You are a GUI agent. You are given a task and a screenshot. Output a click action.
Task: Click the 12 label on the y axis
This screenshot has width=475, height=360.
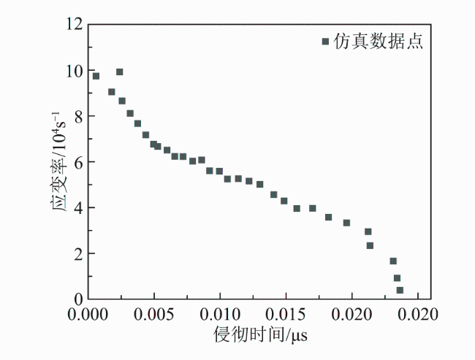coord(75,24)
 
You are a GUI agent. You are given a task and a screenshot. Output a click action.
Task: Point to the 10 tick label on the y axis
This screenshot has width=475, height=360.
coord(75,71)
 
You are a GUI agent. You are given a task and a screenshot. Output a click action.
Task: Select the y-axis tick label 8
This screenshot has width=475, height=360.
coord(78,117)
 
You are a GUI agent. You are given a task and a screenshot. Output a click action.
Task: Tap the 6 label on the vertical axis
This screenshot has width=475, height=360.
coord(78,163)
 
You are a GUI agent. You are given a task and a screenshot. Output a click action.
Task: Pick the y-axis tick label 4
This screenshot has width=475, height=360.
coord(78,208)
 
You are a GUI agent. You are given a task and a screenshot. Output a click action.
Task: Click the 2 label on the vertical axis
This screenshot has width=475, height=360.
coord(78,254)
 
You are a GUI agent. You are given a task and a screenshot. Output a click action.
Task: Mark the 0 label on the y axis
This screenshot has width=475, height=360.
coord(78,299)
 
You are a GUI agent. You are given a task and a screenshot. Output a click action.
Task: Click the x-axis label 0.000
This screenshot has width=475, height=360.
coord(88,315)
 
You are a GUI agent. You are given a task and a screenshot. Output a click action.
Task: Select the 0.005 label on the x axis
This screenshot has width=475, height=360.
coord(154,315)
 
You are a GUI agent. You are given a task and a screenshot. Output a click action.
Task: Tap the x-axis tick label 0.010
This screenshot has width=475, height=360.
coord(220,315)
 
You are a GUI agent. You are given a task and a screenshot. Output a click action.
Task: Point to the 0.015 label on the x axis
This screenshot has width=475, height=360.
coord(286,315)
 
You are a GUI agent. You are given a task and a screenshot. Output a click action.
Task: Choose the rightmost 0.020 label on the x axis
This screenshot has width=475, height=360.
coord(418,315)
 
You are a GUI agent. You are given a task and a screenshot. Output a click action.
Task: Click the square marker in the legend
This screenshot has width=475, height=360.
coord(325,41)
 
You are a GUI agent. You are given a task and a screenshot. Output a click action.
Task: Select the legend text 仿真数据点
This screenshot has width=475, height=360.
coord(378,41)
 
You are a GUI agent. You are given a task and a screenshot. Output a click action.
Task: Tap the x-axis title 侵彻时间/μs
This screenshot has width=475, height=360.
coord(261,334)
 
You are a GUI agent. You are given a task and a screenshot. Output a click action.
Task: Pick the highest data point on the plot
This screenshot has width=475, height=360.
coord(120,72)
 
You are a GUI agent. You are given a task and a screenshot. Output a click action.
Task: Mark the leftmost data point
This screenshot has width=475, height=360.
coord(96,76)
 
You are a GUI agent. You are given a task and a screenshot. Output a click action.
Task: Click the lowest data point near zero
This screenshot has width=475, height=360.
coord(400,290)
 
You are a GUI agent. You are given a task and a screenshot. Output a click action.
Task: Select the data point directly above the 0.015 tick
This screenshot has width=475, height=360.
coord(284,201)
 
